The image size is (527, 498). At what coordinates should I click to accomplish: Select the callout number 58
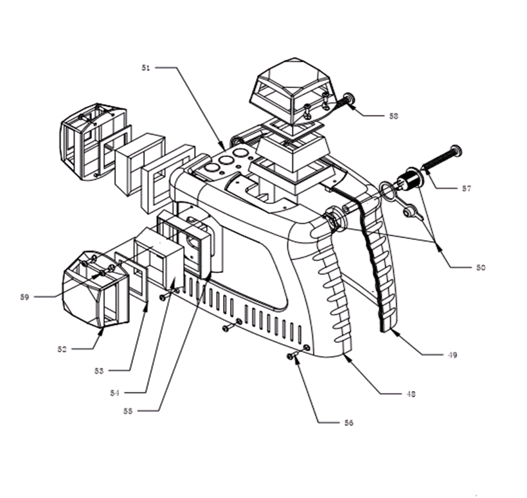point(393,116)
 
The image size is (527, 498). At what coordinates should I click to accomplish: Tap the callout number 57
point(466,189)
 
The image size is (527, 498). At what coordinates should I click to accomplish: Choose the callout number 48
point(409,394)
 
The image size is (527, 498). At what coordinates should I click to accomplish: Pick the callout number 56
point(348,423)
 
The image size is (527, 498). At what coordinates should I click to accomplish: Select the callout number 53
point(99,371)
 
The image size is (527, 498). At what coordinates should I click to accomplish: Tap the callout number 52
point(62,349)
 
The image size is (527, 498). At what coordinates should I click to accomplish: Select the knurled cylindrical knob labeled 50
point(407,180)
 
